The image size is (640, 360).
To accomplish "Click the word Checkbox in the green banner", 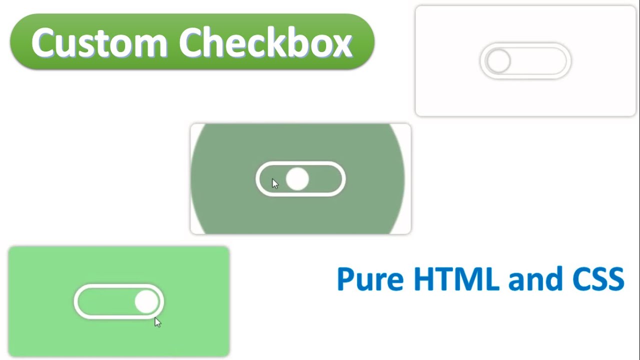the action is pyautogui.click(x=265, y=42).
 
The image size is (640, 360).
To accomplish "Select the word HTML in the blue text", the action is pyautogui.click(x=456, y=279).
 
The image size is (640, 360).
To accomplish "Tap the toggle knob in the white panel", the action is pyautogui.click(x=498, y=61).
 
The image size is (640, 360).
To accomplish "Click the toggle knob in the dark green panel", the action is pyautogui.click(x=297, y=179).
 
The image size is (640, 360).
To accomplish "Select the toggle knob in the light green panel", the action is pyautogui.click(x=146, y=301).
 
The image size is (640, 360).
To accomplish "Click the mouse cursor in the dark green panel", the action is pyautogui.click(x=274, y=183).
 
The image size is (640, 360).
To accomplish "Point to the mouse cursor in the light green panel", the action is pyautogui.click(x=157, y=322).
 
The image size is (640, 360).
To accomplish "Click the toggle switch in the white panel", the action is pyautogui.click(x=525, y=61).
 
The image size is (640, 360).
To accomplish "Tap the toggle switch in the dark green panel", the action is pyautogui.click(x=300, y=179).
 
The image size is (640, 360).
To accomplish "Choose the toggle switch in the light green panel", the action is pyautogui.click(x=119, y=301).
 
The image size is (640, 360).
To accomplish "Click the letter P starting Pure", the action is pyautogui.click(x=346, y=279).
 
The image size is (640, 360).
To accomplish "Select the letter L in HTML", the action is pyautogui.click(x=492, y=279).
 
